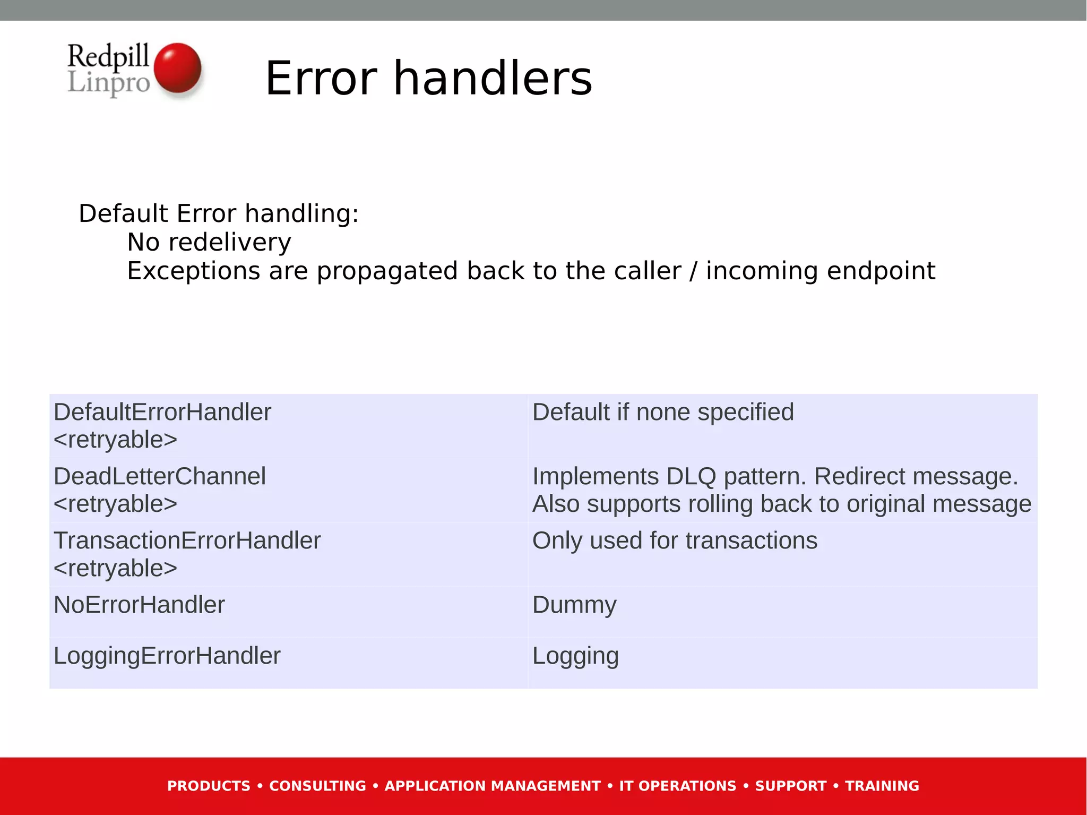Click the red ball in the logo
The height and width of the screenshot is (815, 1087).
tap(177, 68)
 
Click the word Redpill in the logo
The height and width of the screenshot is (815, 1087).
tap(108, 56)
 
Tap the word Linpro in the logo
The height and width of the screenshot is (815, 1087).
tap(109, 83)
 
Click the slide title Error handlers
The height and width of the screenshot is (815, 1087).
tap(428, 79)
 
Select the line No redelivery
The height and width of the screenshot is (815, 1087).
tap(209, 242)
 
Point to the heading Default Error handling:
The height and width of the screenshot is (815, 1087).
tap(219, 213)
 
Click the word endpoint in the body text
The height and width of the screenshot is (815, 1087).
tap(881, 271)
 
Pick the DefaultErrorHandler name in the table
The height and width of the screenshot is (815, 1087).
tap(162, 413)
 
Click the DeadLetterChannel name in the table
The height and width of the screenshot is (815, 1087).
tap(160, 476)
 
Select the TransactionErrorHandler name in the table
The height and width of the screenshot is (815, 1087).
tap(187, 541)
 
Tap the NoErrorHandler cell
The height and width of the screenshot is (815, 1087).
tap(139, 605)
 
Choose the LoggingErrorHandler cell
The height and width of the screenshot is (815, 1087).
tap(167, 656)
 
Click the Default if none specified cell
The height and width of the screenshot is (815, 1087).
tap(663, 413)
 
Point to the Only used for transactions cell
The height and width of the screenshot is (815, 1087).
tap(675, 541)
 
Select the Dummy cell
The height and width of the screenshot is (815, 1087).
tap(574, 605)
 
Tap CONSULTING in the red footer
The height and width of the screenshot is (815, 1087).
tap(317, 786)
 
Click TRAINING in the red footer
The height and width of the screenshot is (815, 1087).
tap(882, 786)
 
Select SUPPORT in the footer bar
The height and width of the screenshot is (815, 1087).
tap(791, 786)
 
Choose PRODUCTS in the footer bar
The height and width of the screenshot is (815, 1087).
tap(209, 786)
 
